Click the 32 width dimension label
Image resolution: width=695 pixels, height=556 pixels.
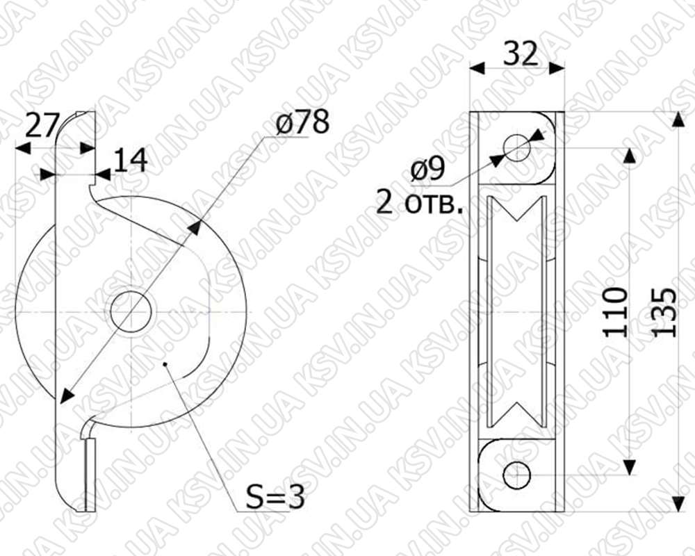521,54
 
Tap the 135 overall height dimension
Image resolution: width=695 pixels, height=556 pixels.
665,312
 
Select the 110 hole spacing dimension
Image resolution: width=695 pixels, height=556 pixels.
616,312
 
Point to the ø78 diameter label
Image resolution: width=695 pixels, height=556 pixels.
302,122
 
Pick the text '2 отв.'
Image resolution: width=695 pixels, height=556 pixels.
419,204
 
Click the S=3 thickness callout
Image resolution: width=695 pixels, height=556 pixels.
275,498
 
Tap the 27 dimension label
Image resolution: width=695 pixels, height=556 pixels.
42,125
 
